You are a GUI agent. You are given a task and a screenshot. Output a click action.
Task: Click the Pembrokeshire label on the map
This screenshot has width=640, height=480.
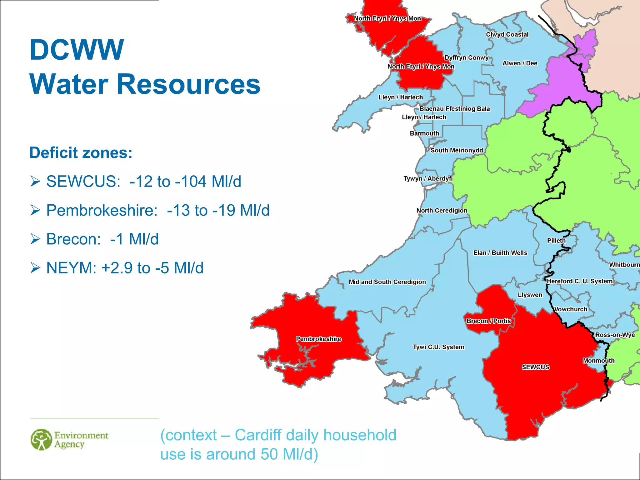318,339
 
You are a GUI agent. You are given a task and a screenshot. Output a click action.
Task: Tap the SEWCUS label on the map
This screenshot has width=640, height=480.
535,367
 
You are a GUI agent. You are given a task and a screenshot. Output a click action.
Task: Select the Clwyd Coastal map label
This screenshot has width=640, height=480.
507,35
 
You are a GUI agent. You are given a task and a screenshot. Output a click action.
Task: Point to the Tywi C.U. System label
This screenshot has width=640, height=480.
438,347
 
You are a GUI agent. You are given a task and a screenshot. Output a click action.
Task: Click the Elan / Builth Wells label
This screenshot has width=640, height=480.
500,253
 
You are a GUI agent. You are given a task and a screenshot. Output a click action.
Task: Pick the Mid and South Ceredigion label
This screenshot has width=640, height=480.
387,282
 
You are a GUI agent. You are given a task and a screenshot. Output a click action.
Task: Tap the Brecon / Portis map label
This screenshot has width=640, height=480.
489,321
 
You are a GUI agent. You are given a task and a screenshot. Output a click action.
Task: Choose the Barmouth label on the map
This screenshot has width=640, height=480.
424,133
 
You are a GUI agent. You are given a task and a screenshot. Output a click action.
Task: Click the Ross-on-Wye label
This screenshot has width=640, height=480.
615,335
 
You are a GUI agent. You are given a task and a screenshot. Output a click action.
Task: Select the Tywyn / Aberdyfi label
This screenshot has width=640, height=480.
428,178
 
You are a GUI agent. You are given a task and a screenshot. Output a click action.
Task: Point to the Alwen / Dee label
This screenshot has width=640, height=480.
520,63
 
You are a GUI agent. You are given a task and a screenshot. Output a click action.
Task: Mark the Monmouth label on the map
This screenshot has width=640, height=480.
598,361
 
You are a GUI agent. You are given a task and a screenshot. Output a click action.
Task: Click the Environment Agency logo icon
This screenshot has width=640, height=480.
41,439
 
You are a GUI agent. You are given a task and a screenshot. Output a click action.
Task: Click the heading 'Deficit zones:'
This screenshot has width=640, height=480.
81,153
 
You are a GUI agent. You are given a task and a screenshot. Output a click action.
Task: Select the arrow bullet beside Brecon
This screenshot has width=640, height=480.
35,239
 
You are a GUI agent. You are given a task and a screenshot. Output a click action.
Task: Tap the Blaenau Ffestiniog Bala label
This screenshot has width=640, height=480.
454,109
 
